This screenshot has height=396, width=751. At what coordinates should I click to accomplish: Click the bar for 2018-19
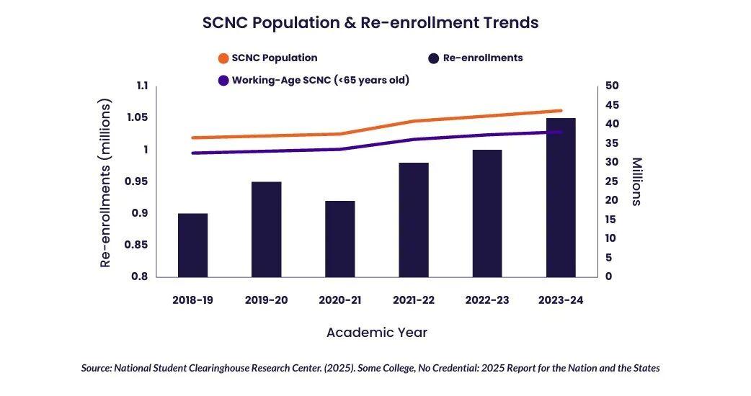click(x=192, y=245)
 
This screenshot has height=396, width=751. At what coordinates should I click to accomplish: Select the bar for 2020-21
click(x=340, y=238)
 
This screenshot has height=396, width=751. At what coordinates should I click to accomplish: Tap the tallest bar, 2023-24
click(x=561, y=197)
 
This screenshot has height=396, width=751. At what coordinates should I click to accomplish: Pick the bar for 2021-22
click(x=414, y=220)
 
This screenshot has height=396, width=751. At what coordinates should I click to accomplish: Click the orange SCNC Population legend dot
click(x=224, y=58)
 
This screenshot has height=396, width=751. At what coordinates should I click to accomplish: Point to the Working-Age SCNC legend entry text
click(x=320, y=80)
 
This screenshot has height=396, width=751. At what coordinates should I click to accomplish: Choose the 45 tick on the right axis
click(x=612, y=105)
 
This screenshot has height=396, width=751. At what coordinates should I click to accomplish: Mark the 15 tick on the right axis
click(x=612, y=219)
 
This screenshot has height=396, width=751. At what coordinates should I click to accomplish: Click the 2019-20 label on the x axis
click(x=266, y=300)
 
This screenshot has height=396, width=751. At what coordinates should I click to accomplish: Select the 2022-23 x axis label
click(x=486, y=300)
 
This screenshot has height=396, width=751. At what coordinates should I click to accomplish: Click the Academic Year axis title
click(x=376, y=333)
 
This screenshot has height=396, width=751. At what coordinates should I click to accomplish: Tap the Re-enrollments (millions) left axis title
click(x=106, y=183)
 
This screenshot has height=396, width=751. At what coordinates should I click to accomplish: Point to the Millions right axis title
click(x=636, y=181)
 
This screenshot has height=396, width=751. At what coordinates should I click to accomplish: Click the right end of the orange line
click(x=560, y=111)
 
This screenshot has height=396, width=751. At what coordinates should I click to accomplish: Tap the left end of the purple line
click(x=193, y=153)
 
